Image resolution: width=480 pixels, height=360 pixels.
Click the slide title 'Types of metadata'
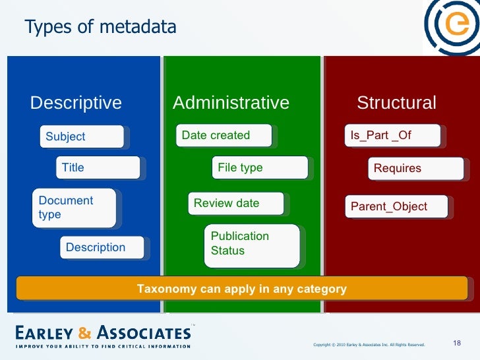click(100, 27)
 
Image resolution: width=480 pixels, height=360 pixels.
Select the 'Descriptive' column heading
click(76, 103)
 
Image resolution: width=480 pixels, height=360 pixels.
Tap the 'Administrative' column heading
click(231, 103)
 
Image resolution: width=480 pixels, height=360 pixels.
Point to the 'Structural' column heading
click(396, 103)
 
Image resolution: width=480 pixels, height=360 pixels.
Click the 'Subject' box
click(82, 136)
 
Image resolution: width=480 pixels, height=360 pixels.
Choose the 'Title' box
click(98, 167)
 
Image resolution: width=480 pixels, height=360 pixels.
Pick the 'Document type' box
click(75, 208)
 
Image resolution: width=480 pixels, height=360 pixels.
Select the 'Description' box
click(102, 247)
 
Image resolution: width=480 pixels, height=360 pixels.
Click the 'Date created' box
click(224, 135)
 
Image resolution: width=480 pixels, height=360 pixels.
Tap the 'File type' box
click(259, 167)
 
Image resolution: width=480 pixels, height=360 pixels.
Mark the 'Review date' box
click(235, 203)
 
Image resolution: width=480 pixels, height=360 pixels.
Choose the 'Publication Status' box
click(251, 244)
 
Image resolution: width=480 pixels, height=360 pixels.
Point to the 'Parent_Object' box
click(397, 206)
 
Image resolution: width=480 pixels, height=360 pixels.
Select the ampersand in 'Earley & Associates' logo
click(85, 332)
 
